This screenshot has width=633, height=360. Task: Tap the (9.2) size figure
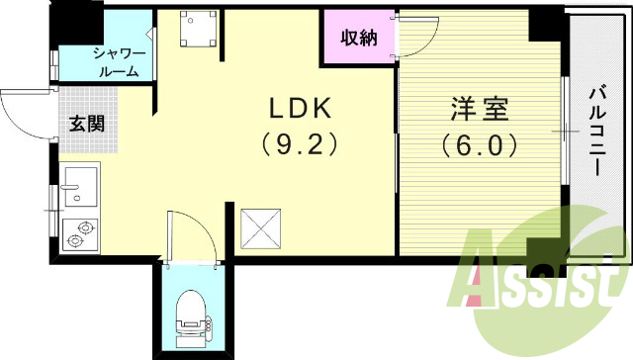[299, 144]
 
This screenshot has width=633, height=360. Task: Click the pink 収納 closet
[358, 39]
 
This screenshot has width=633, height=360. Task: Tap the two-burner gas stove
[79, 232]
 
